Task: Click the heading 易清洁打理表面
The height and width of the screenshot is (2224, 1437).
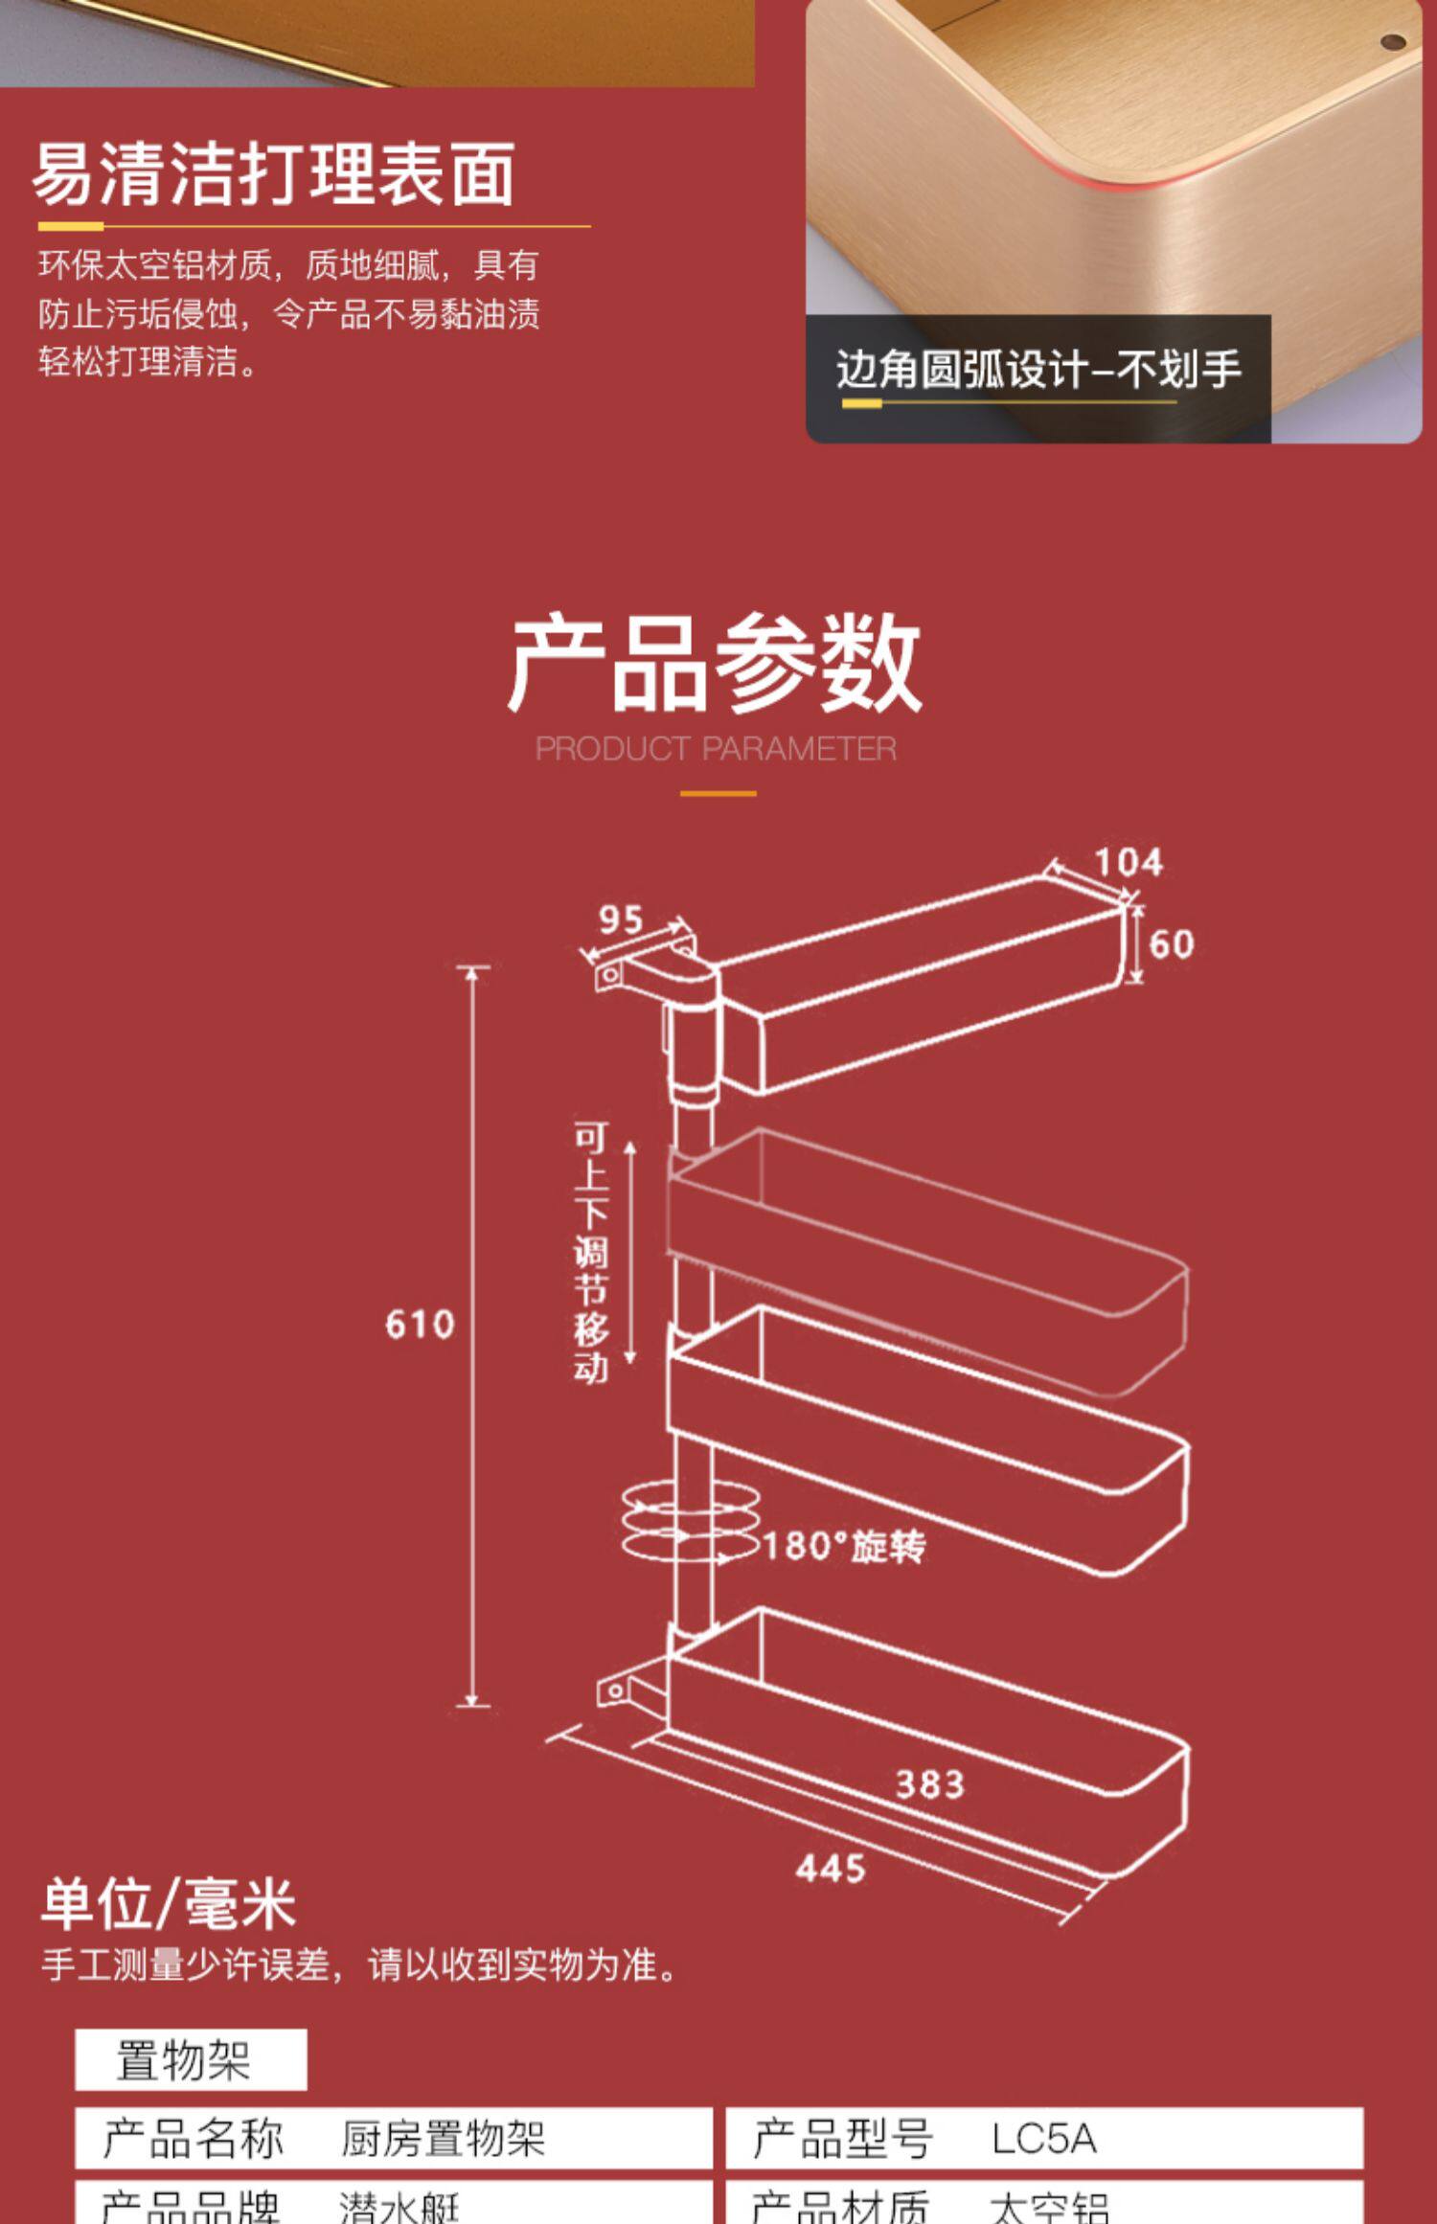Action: tap(274, 175)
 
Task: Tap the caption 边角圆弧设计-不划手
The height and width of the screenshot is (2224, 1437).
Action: tap(1038, 370)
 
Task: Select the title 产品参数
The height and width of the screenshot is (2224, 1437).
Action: tap(715, 664)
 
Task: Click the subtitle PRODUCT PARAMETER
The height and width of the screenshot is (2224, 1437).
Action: tap(716, 748)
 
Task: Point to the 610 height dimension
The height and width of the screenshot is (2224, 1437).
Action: tap(419, 1325)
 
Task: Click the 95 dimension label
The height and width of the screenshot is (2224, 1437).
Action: tap(620, 920)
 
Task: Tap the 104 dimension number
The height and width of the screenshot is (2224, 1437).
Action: tap(1129, 862)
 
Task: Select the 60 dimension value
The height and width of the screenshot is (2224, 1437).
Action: tap(1171, 944)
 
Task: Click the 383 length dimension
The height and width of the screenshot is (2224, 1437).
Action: tap(929, 1784)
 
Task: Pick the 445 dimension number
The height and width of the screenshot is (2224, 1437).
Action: tap(830, 1868)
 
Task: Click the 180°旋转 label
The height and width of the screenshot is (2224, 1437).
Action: tap(844, 1546)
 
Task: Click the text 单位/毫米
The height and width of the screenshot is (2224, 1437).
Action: tap(169, 1903)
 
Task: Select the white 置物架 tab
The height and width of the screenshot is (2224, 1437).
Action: tap(191, 2059)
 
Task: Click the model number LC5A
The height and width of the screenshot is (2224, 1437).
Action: tap(1042, 2139)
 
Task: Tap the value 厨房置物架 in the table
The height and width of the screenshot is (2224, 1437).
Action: tap(443, 2139)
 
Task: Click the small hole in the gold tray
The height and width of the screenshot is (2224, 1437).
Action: tap(1392, 42)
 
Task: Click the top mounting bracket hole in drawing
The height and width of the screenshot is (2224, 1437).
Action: tap(609, 975)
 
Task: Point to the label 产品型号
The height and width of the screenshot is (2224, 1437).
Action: tap(842, 2139)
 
